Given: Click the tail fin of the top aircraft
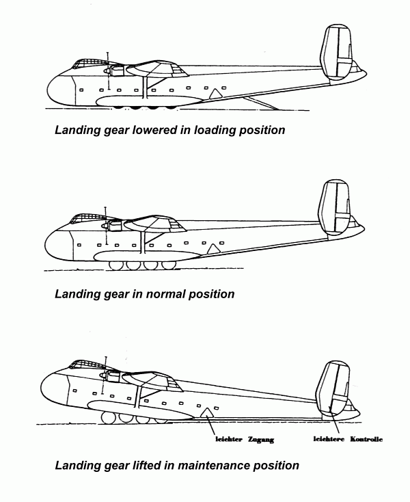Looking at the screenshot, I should (x=338, y=51).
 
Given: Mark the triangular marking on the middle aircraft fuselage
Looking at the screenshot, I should (x=213, y=249).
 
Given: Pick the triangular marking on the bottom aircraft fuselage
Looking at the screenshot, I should (x=205, y=411).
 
